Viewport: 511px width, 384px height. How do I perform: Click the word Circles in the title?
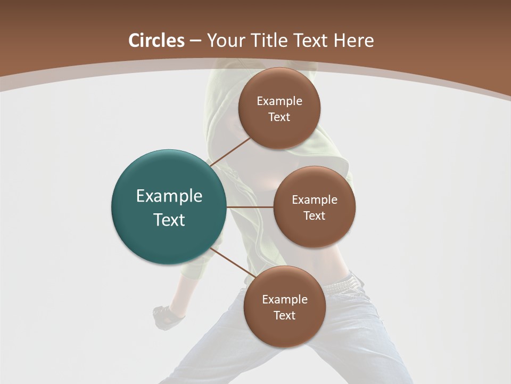click(156, 41)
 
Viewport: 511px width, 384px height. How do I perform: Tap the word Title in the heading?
click(270, 41)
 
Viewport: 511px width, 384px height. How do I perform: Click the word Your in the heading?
click(226, 41)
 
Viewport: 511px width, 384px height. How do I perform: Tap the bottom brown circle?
click(285, 331)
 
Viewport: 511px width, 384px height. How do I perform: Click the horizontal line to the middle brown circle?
click(250, 207)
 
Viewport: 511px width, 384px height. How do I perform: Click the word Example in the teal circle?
click(169, 196)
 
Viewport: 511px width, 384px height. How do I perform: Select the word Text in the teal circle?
click(169, 220)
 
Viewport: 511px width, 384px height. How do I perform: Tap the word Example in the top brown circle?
click(279, 101)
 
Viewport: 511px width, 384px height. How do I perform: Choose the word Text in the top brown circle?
click(279, 117)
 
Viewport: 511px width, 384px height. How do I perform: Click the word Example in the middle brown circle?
click(315, 200)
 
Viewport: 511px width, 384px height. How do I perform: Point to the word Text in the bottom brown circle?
click(285, 315)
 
